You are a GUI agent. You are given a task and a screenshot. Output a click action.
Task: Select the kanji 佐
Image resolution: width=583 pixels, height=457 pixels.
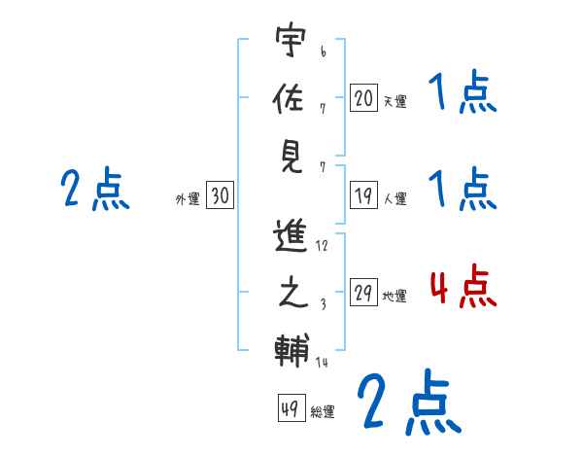point(291,98)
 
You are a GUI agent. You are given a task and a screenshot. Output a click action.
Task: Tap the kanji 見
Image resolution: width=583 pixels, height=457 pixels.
point(291,155)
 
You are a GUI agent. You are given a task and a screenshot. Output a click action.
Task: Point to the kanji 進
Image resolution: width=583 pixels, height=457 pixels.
point(291,237)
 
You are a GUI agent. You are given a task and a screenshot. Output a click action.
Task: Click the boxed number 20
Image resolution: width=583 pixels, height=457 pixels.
point(363,97)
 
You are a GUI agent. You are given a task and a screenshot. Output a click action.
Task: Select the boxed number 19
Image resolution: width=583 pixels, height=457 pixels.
point(363,196)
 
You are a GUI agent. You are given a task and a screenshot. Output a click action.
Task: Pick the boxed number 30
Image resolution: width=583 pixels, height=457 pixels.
point(220,196)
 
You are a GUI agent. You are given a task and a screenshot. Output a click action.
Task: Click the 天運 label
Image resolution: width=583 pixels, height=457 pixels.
point(394,101)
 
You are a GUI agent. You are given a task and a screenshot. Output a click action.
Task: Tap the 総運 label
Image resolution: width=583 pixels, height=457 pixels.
point(323,412)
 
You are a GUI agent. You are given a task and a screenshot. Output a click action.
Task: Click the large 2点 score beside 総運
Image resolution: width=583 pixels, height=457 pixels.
point(407,403)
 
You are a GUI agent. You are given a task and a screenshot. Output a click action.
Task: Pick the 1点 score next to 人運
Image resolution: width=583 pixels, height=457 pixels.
point(463,189)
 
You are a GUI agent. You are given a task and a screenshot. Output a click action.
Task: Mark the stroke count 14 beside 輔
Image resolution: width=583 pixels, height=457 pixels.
point(322,362)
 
